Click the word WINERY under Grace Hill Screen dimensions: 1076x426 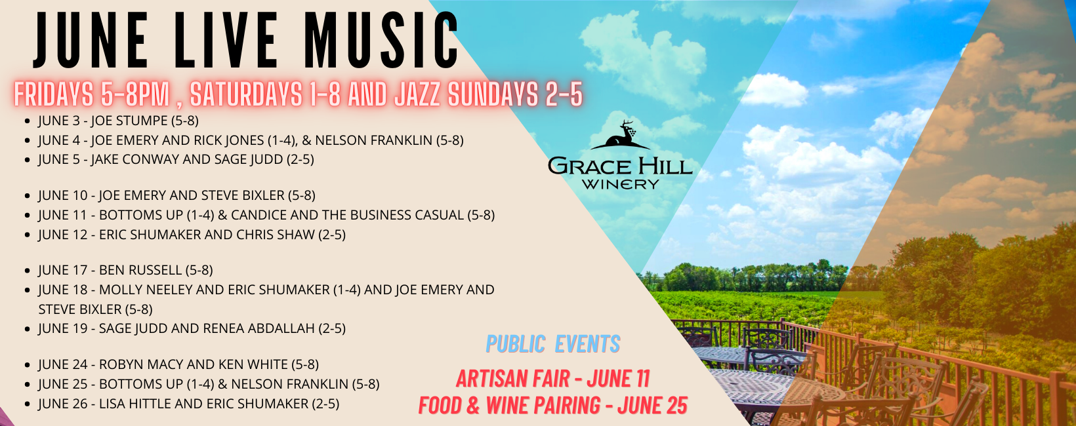coord(619,184)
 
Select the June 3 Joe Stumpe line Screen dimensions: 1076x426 coord(119,121)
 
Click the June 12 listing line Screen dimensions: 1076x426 coord(192,235)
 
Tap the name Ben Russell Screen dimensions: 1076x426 coord(140,270)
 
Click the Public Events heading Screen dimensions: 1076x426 coord(553,344)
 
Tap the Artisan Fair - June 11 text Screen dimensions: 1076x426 coord(553,379)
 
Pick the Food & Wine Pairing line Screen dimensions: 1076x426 coord(553,406)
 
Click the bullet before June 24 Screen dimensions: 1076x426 coord(28,365)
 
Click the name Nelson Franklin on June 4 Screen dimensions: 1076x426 coord(374,140)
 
